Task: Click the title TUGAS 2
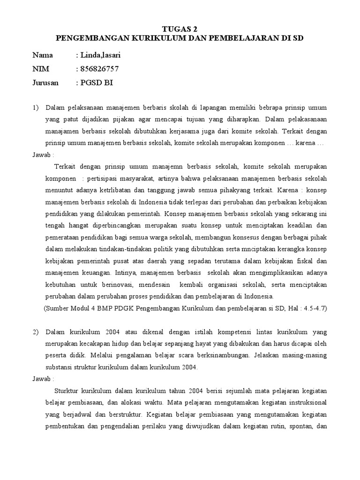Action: (180, 29)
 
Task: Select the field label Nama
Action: (43, 55)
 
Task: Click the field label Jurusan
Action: (45, 82)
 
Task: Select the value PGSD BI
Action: (97, 82)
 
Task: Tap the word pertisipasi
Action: (105, 179)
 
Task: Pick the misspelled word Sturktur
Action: (67, 390)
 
